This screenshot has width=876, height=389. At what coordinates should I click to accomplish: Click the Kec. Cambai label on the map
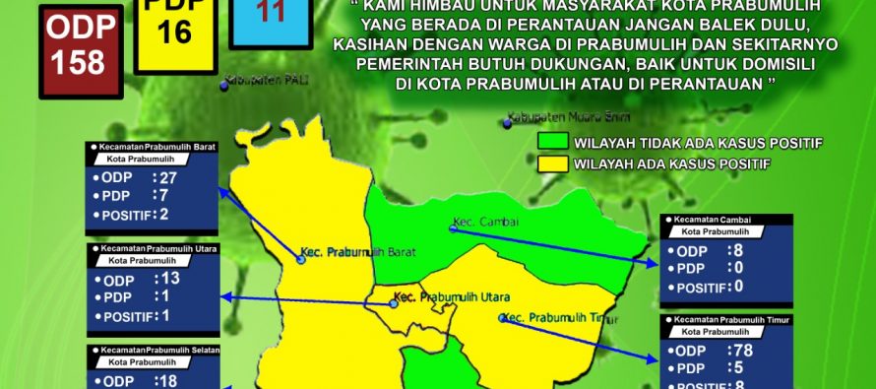click(x=479, y=221)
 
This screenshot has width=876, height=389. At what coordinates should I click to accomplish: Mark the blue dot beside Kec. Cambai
click(x=454, y=228)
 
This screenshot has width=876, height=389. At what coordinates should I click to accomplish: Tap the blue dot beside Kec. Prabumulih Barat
click(x=301, y=260)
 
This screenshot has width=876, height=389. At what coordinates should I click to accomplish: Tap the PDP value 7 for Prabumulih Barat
click(x=164, y=196)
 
